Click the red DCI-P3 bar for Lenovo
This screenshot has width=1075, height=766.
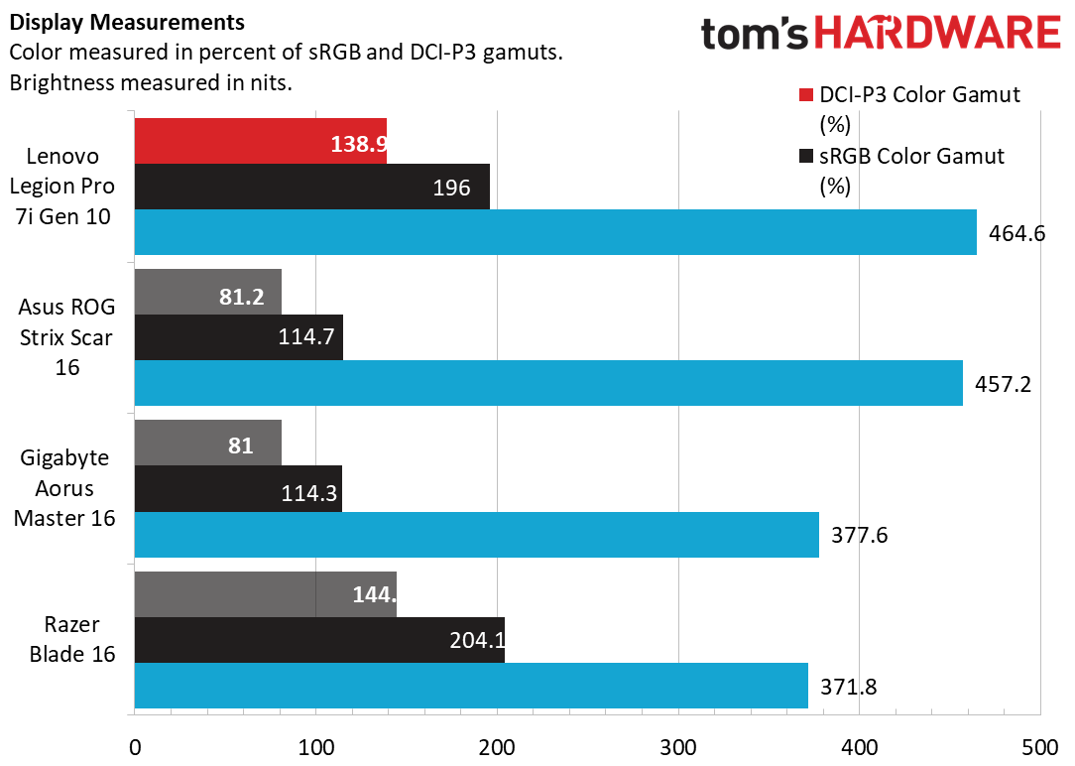pos(260,141)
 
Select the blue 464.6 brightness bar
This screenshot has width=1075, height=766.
pos(555,232)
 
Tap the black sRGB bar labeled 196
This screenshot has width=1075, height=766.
pos(311,187)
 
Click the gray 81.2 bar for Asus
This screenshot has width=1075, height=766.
pos(207,292)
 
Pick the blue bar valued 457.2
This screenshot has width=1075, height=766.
pos(548,383)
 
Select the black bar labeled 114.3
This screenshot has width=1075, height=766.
pos(238,489)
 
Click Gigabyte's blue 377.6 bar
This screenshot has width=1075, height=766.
pos(476,535)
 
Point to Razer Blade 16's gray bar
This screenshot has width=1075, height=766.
pos(265,594)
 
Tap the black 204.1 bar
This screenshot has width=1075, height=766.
pos(319,640)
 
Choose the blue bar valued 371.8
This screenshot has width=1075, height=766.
pos(471,686)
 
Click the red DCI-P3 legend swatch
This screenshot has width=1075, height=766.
pos(805,96)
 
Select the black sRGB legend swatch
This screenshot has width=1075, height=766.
pos(805,157)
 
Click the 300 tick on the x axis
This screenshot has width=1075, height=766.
pos(678,746)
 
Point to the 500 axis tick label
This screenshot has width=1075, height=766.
pos(1040,746)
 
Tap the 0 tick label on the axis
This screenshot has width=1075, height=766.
pos(135,746)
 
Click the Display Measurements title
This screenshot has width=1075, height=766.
pos(128,21)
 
